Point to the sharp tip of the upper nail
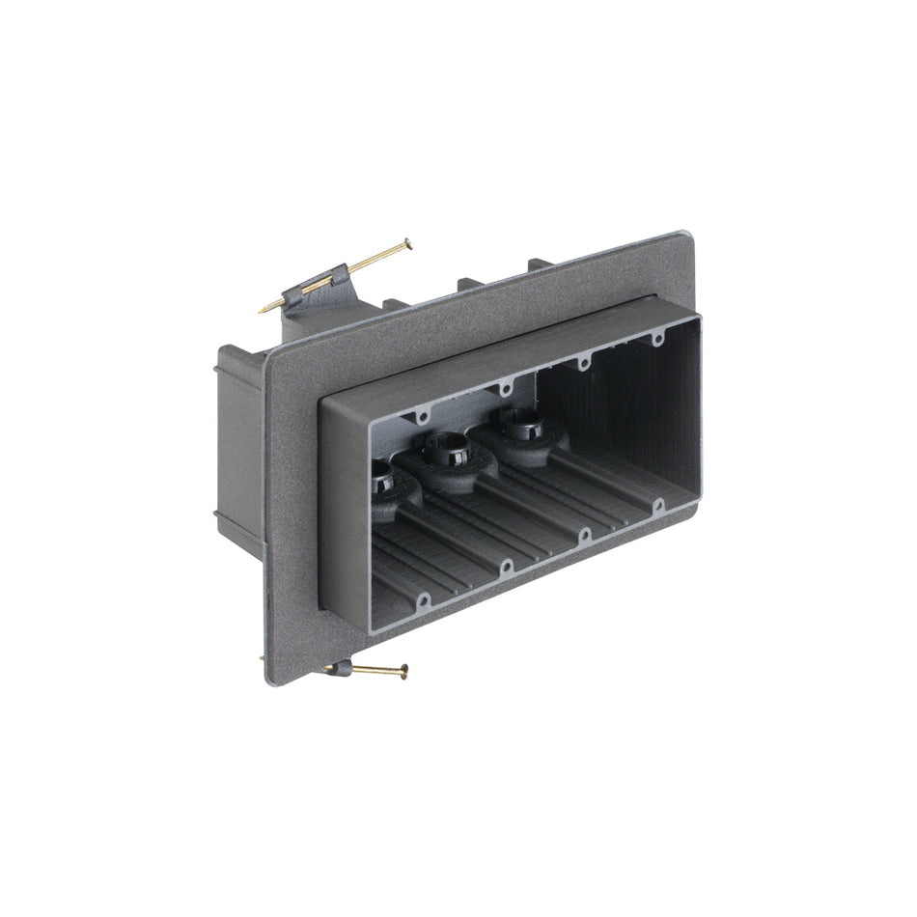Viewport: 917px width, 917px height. pos(261,310)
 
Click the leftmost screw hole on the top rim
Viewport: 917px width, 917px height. pos(423,418)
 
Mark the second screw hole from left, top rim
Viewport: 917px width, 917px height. pos(504,390)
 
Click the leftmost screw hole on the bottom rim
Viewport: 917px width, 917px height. pos(422,600)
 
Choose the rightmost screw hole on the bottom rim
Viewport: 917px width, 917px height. pos(657,505)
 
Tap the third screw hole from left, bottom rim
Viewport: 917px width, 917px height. pos(585,534)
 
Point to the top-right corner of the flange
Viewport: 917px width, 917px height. pos(684,234)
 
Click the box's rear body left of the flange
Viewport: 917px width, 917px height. pos(236,444)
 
